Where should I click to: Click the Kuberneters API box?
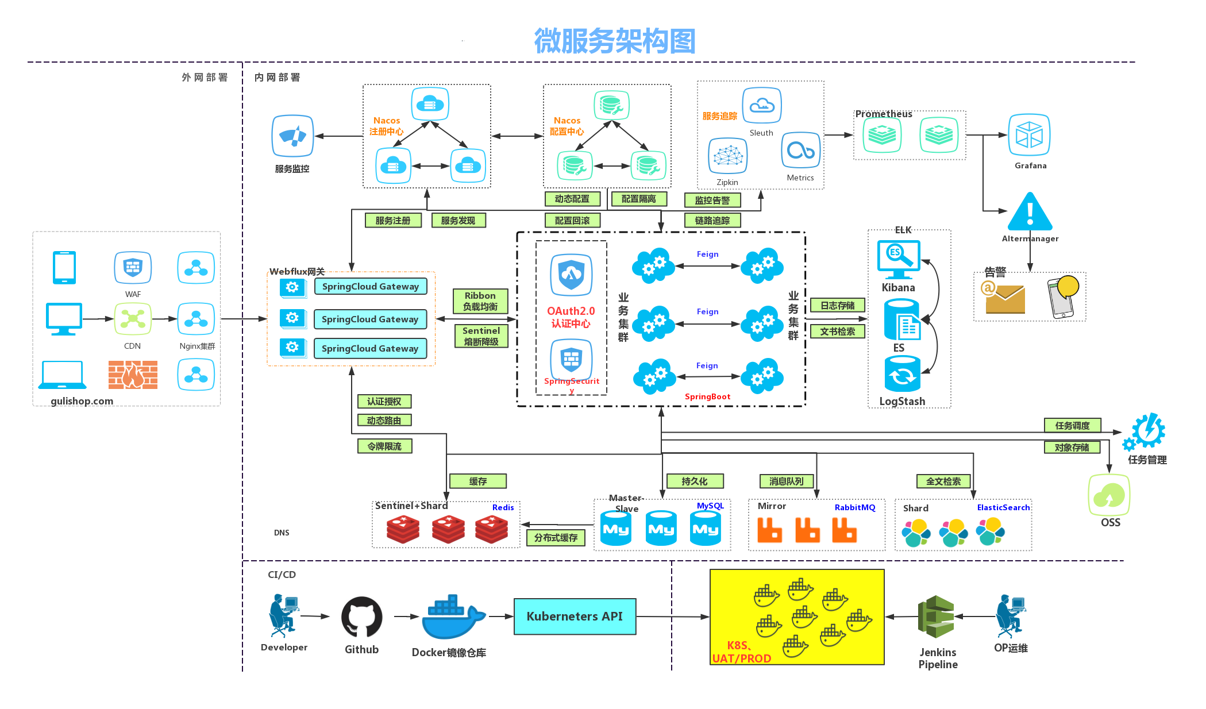click(575, 616)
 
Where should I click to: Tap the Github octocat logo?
click(361, 617)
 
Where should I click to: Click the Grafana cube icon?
click(1029, 135)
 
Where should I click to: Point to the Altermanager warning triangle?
click(1030, 212)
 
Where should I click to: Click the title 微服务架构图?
click(615, 41)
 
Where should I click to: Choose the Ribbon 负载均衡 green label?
click(480, 301)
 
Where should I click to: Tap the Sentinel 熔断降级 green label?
click(481, 336)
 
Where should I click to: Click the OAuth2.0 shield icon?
click(571, 275)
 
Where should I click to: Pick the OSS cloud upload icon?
click(1109, 495)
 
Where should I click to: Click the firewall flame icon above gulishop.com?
click(133, 375)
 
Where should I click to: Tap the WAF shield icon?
click(133, 267)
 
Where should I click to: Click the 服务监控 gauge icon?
click(292, 136)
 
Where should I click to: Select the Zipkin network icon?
click(727, 156)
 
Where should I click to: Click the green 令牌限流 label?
click(384, 446)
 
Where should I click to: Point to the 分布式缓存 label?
click(556, 538)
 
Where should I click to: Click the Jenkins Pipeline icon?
click(936, 616)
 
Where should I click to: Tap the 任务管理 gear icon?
click(1147, 432)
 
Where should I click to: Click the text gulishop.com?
click(82, 401)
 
